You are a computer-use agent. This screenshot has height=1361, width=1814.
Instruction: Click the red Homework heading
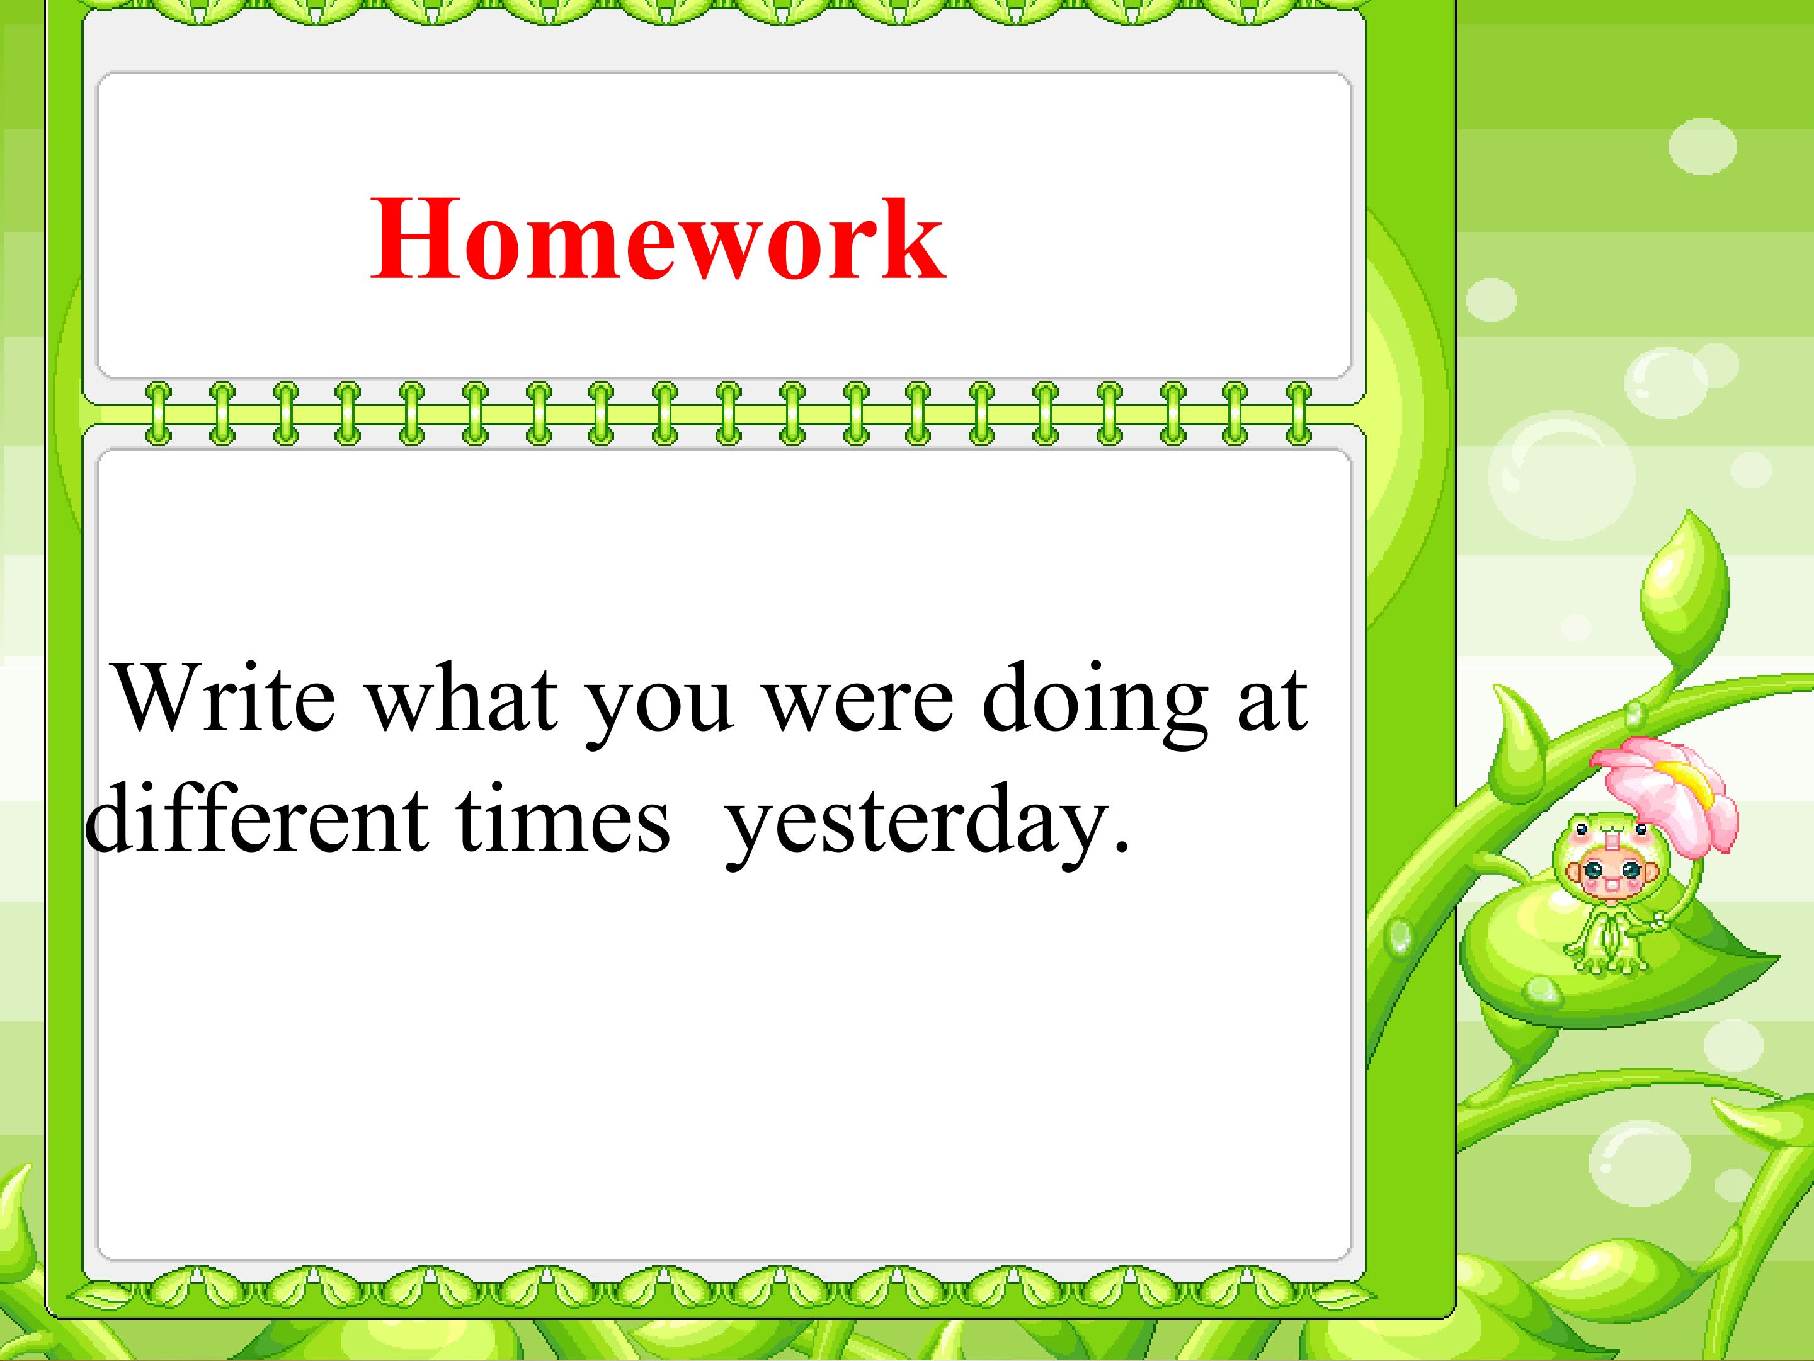pyautogui.click(x=658, y=239)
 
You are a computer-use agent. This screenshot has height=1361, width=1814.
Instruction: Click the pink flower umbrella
pyautogui.click(x=1665, y=800)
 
